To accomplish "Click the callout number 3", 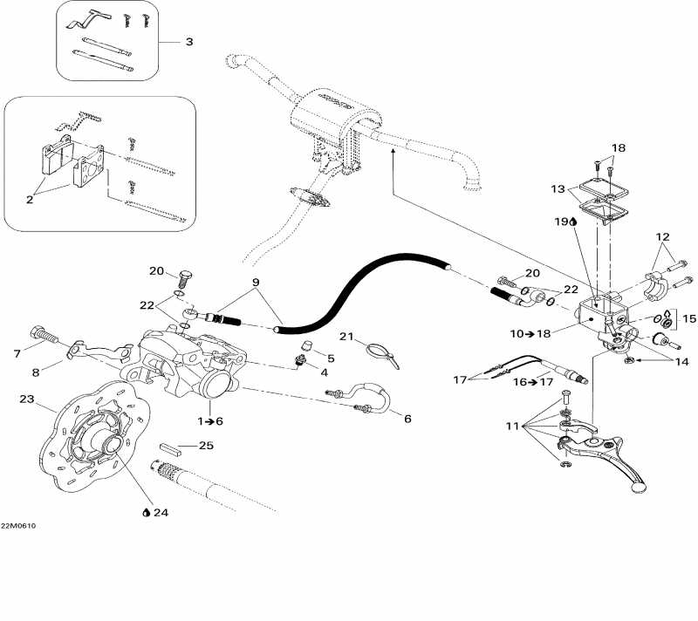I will tap(188, 42).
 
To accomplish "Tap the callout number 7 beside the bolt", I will tap(16, 353).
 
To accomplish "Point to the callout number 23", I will tap(26, 400).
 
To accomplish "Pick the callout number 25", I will tap(206, 446).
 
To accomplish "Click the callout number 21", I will tap(345, 338).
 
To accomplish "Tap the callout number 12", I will tap(664, 237).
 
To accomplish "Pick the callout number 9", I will tap(256, 282).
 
